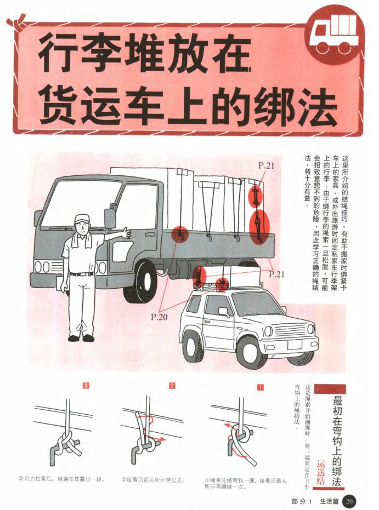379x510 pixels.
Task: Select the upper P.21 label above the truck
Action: (x=267, y=165)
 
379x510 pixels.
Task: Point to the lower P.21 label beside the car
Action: (x=277, y=274)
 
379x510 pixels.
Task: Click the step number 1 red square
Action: (x=261, y=387)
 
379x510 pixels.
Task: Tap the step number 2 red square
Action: (x=172, y=387)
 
